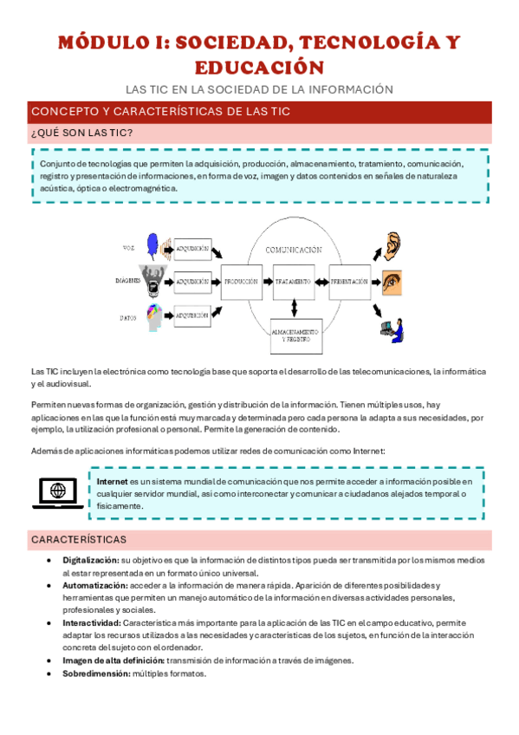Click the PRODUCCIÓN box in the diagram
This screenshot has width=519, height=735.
[242, 282]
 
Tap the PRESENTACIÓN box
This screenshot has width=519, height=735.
[349, 282]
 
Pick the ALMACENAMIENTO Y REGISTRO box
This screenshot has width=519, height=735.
[295, 335]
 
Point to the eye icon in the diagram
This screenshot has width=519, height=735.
[392, 282]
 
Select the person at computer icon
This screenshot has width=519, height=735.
[392, 328]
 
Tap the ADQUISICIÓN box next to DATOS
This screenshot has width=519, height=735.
[192, 316]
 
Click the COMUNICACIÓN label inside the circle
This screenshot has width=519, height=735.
[294, 250]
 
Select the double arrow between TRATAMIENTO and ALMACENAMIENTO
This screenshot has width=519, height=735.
[295, 309]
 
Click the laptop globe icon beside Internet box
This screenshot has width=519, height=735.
[59, 492]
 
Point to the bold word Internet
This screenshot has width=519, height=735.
[112, 481]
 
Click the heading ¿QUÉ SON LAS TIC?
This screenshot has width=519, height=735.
[81, 133]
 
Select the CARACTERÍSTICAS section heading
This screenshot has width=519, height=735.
[79, 539]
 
